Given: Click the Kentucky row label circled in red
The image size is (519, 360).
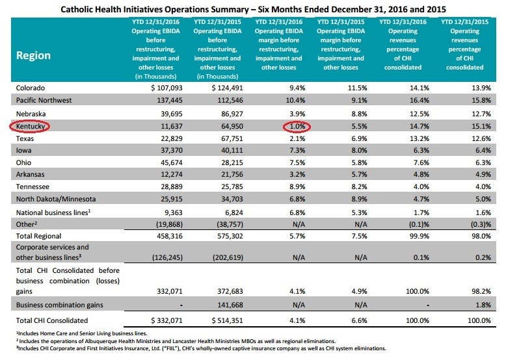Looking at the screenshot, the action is tap(30, 126).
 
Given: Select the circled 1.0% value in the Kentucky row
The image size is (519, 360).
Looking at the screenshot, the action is tap(297, 126).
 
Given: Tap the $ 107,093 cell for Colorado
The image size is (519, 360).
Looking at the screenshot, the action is tap(166, 88).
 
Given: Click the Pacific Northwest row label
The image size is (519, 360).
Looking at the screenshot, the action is tap(44, 100).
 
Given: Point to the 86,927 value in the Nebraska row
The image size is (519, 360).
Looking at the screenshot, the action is tap(232, 114).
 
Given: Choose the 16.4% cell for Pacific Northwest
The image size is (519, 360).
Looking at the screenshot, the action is tap(419, 100).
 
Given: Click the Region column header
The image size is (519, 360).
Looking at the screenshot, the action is tap(33, 55).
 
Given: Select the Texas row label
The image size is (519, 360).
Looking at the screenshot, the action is tap(25, 138).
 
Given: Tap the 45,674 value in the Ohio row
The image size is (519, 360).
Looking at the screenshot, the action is tap(172, 162).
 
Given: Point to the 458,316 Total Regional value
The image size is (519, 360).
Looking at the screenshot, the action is tap(169, 236).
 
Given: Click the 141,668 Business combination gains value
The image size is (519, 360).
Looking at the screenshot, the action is tap(230, 305).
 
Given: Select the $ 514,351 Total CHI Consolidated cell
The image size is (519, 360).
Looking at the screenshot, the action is tap(228, 320).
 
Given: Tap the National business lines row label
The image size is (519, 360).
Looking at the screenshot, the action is tap(53, 212).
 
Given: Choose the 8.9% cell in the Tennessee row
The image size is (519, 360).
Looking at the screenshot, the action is tap(297, 186).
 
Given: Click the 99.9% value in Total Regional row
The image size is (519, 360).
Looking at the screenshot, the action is tap(419, 236).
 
